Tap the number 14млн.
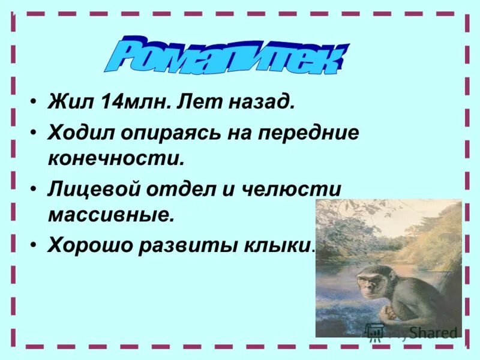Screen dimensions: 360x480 click(x=126, y=103)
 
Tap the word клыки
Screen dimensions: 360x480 click(x=280, y=246)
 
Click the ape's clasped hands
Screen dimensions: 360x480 click(x=391, y=313)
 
